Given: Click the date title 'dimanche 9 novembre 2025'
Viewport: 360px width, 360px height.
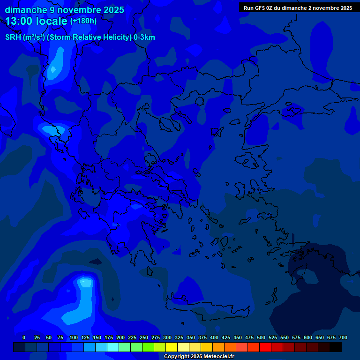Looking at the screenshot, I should coord(64,10).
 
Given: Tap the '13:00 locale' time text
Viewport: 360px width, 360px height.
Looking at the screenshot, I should coord(37,21).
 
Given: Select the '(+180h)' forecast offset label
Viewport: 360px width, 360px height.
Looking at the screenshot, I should coord(83,21).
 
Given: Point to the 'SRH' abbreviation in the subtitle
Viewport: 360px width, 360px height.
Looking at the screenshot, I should coord(13,37).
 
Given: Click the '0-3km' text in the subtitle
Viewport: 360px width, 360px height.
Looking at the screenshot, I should coord(144,37).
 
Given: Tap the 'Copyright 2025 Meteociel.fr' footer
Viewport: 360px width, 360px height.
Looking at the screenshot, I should coord(199,356).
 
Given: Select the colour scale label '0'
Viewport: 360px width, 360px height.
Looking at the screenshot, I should coord(24,337).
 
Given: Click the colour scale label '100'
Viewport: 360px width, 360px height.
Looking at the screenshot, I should coord(73,337).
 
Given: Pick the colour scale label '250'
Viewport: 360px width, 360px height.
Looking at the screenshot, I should coord(143,337).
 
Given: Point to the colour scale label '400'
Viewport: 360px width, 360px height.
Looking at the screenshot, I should coord(214,337).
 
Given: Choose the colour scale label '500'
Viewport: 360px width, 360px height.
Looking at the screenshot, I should coord(261,337).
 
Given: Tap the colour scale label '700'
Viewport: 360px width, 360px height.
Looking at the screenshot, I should coord(343,337).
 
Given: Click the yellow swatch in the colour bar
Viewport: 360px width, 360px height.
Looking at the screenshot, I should coord(172,347).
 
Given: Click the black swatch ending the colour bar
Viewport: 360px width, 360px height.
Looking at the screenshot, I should coord(336,347).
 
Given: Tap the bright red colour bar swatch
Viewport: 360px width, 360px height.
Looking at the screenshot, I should coord(265,347).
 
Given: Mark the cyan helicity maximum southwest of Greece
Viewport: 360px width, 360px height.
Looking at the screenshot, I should coord(85,283).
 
